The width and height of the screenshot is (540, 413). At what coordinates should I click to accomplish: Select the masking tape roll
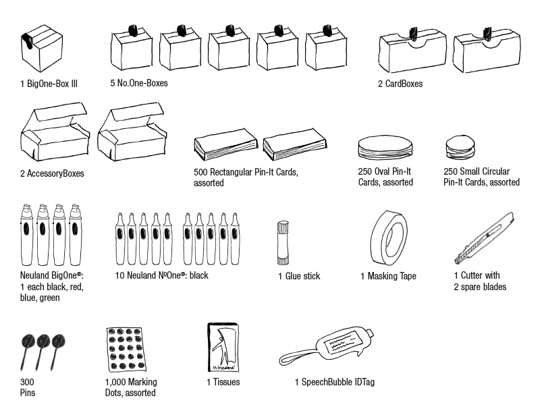[x=388, y=236]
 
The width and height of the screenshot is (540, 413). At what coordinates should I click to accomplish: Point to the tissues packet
[x=222, y=350]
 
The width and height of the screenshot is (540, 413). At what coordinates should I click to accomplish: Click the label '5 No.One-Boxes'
[x=139, y=83]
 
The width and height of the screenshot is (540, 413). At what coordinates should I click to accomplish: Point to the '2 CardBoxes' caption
[x=400, y=84]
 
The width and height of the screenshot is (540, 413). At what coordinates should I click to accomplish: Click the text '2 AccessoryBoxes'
[x=52, y=173]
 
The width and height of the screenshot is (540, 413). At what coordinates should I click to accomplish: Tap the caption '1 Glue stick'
[x=299, y=276]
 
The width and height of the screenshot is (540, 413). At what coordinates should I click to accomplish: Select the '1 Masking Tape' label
[x=388, y=276]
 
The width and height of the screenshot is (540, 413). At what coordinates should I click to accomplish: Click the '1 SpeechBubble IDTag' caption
[x=334, y=383]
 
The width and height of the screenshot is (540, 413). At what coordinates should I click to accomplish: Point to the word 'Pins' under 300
[x=28, y=393]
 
